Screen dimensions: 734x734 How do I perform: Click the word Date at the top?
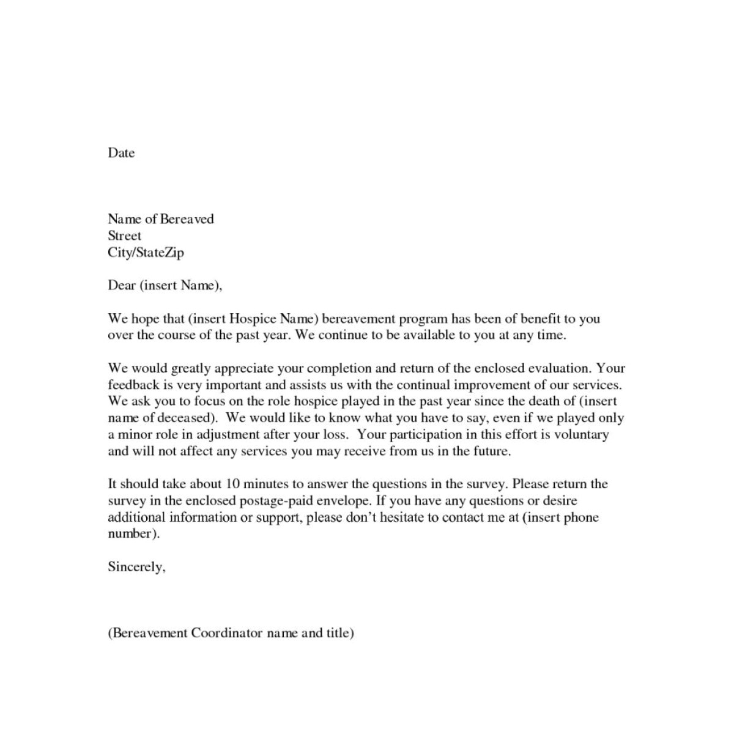[121, 153]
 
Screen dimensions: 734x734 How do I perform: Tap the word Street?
[124, 235]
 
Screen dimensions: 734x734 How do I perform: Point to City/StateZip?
[146, 252]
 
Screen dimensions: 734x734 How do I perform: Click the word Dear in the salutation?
[121, 285]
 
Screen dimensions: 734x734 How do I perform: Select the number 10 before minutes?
[232, 484]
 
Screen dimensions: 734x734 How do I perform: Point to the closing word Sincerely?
[136, 567]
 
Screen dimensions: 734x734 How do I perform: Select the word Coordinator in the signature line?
[227, 633]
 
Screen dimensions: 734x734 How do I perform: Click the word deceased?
[187, 418]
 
